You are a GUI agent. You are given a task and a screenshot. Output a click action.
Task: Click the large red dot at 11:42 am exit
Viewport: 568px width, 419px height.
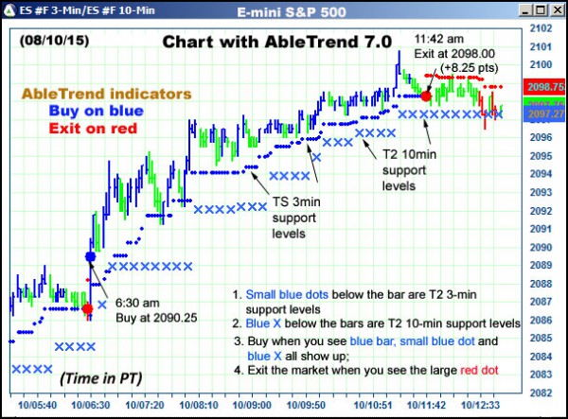pyautogui.click(x=427, y=96)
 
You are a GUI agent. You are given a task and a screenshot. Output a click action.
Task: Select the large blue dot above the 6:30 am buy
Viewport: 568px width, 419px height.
pyautogui.click(x=91, y=256)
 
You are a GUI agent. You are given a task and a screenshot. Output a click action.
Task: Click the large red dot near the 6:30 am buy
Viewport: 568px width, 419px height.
pyautogui.click(x=88, y=307)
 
